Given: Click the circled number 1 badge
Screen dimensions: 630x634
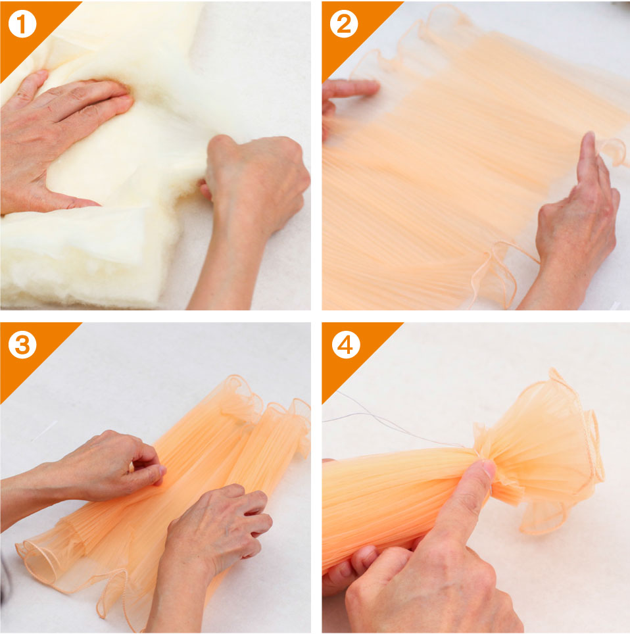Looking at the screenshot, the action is click(22, 24).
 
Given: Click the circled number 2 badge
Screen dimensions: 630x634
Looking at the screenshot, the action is click(344, 24).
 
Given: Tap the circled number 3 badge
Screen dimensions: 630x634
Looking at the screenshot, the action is click(22, 345).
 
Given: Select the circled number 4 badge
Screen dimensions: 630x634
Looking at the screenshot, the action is click(346, 345).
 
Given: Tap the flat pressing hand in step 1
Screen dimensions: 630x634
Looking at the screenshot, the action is click(61, 137).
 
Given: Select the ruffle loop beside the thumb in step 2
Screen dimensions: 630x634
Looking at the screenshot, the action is click(614, 152).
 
